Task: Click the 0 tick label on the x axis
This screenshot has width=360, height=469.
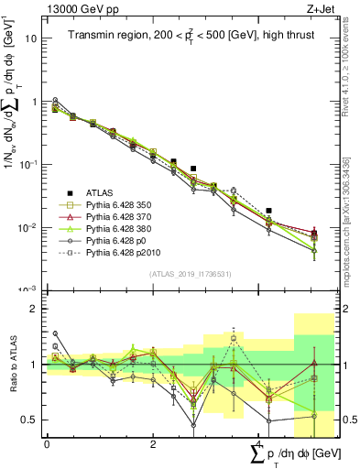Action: coord(47,443)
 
